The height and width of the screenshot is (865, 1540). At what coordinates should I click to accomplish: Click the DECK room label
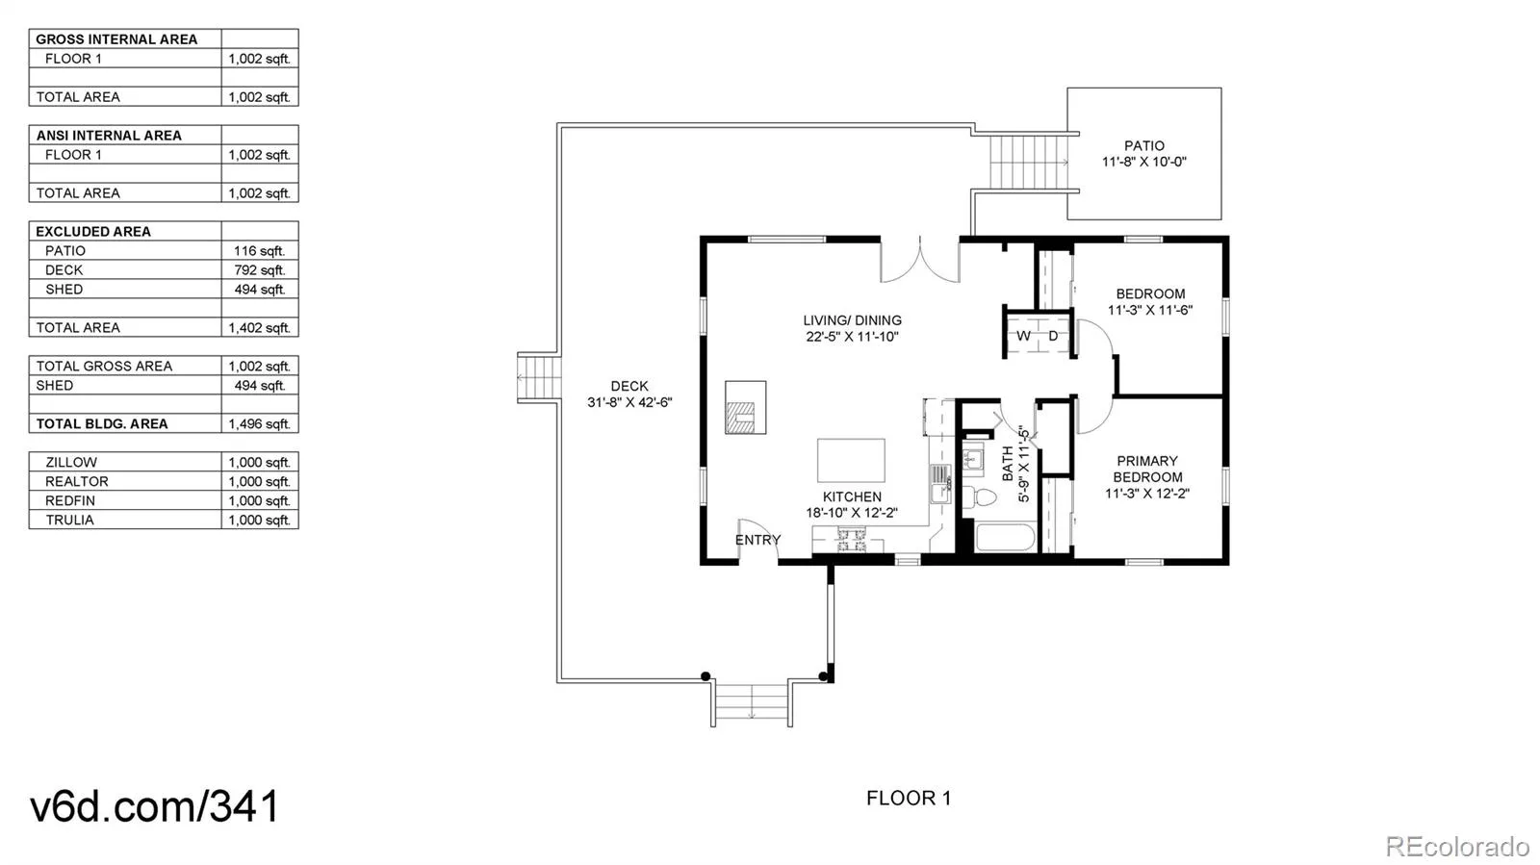click(629, 386)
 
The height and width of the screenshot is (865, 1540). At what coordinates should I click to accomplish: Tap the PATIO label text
click(1144, 145)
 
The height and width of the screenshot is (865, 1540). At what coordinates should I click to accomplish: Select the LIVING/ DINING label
click(852, 320)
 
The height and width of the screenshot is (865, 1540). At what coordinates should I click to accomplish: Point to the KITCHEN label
click(852, 496)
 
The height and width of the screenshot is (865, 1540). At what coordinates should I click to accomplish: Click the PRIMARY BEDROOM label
click(1146, 469)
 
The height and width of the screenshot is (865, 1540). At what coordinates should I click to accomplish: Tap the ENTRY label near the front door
click(757, 540)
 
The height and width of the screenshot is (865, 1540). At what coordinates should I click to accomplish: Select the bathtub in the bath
click(1005, 538)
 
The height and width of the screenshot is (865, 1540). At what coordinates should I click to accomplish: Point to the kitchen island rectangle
click(851, 460)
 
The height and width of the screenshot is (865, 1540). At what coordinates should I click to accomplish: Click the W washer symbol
click(1023, 336)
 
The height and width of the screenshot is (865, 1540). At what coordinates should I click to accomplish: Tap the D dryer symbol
click(1053, 336)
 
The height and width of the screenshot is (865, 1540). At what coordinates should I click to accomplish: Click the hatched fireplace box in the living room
click(745, 407)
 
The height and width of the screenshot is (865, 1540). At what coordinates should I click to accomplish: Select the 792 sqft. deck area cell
click(259, 270)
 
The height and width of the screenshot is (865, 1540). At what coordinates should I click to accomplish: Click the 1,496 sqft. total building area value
click(259, 424)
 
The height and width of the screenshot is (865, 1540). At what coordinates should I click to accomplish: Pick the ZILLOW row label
click(71, 463)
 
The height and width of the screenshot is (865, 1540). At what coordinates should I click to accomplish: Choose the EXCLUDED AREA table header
click(92, 232)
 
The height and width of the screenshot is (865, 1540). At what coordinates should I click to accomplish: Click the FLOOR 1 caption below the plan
click(909, 798)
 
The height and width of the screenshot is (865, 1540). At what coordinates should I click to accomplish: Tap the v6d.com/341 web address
click(155, 805)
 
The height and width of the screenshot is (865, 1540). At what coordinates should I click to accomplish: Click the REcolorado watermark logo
click(1457, 846)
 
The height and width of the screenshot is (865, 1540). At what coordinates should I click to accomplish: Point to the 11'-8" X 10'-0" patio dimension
click(1144, 163)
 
